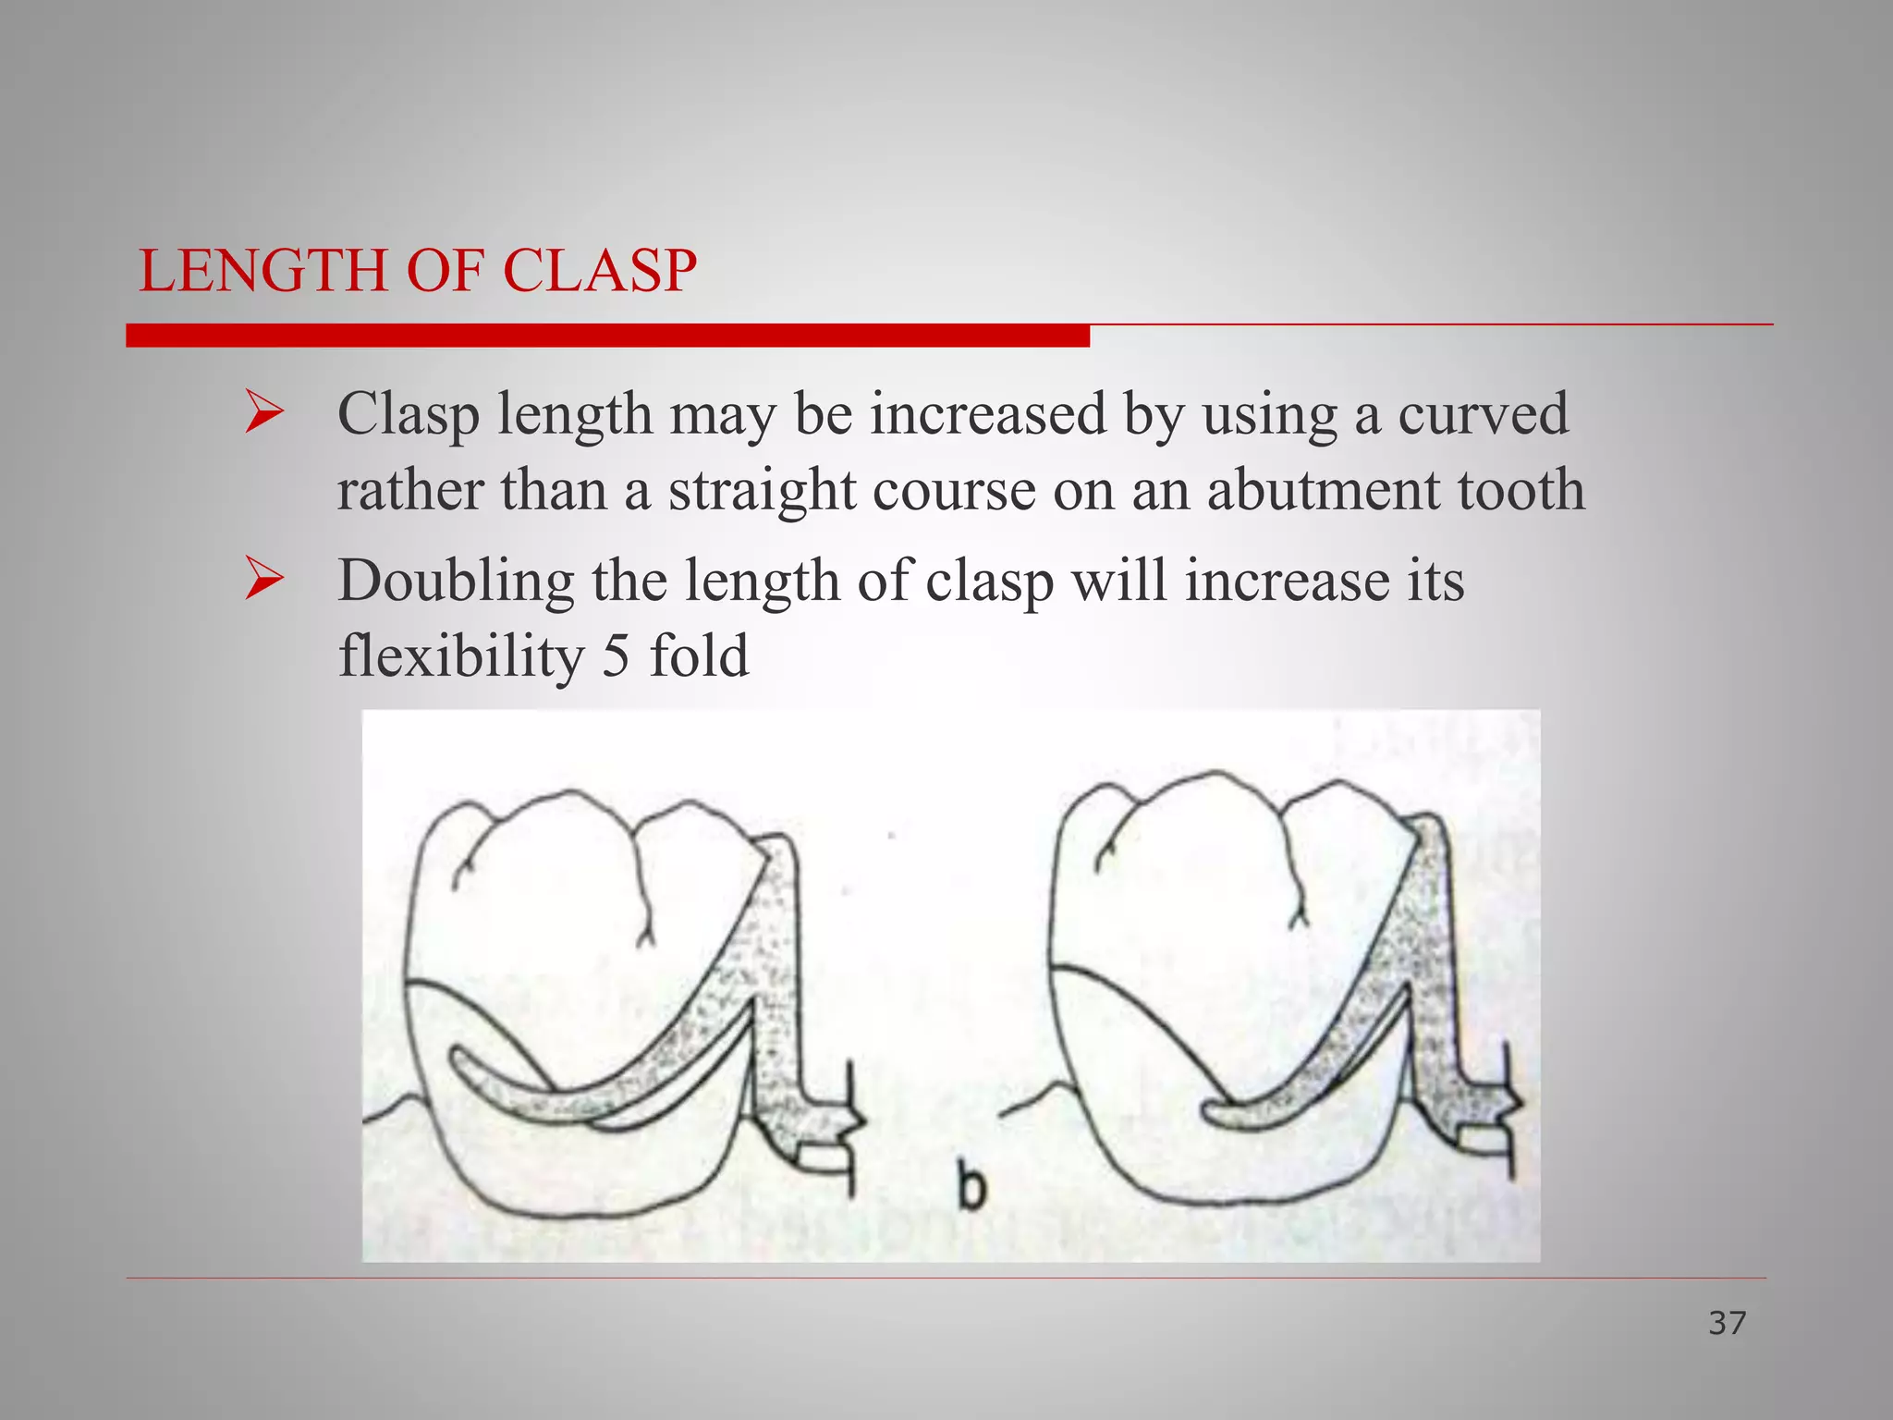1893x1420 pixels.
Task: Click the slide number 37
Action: [x=1727, y=1323]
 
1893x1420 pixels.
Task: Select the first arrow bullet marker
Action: [x=264, y=413]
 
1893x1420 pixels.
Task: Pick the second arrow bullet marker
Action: [x=264, y=581]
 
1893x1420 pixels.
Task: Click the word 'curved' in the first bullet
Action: [x=1483, y=413]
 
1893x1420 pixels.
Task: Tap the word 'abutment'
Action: [x=1323, y=489]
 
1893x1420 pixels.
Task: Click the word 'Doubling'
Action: [x=456, y=583]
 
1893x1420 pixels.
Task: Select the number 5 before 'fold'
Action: [x=617, y=655]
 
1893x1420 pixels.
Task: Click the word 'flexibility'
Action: [x=461, y=657]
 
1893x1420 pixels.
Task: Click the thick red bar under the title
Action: [x=607, y=336]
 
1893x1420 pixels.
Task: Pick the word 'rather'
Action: [x=409, y=489]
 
